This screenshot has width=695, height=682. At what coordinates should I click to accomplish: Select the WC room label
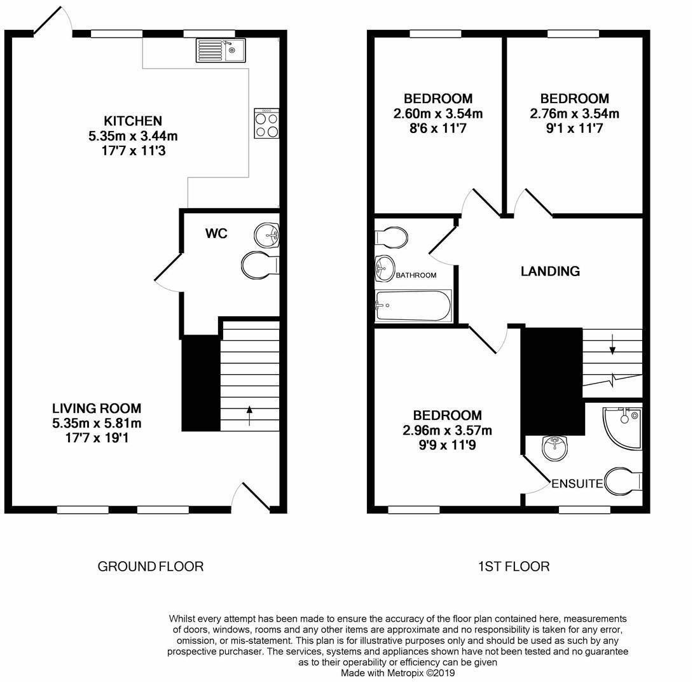tap(216, 233)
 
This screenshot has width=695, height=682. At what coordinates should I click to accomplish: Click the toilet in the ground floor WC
tap(260, 265)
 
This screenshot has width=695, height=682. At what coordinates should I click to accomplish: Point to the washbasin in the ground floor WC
tap(267, 235)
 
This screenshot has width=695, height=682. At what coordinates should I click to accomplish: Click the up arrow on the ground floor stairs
tap(249, 415)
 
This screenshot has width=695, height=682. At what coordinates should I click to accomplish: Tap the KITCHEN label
tap(133, 121)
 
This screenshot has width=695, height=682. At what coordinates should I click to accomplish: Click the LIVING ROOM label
tap(97, 408)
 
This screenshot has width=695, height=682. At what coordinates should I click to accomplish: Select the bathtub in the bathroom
tap(413, 305)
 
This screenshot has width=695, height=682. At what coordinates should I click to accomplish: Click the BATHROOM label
tap(416, 275)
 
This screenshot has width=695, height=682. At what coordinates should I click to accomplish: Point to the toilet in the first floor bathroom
tap(391, 237)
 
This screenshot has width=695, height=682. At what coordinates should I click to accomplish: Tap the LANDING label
tap(550, 271)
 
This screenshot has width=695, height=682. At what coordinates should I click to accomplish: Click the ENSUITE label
tap(577, 484)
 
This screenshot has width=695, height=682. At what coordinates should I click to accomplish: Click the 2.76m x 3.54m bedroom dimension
tap(574, 114)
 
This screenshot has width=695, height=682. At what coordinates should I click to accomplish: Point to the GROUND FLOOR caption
tap(151, 566)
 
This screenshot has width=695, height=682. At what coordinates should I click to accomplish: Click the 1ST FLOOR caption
tap(513, 566)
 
